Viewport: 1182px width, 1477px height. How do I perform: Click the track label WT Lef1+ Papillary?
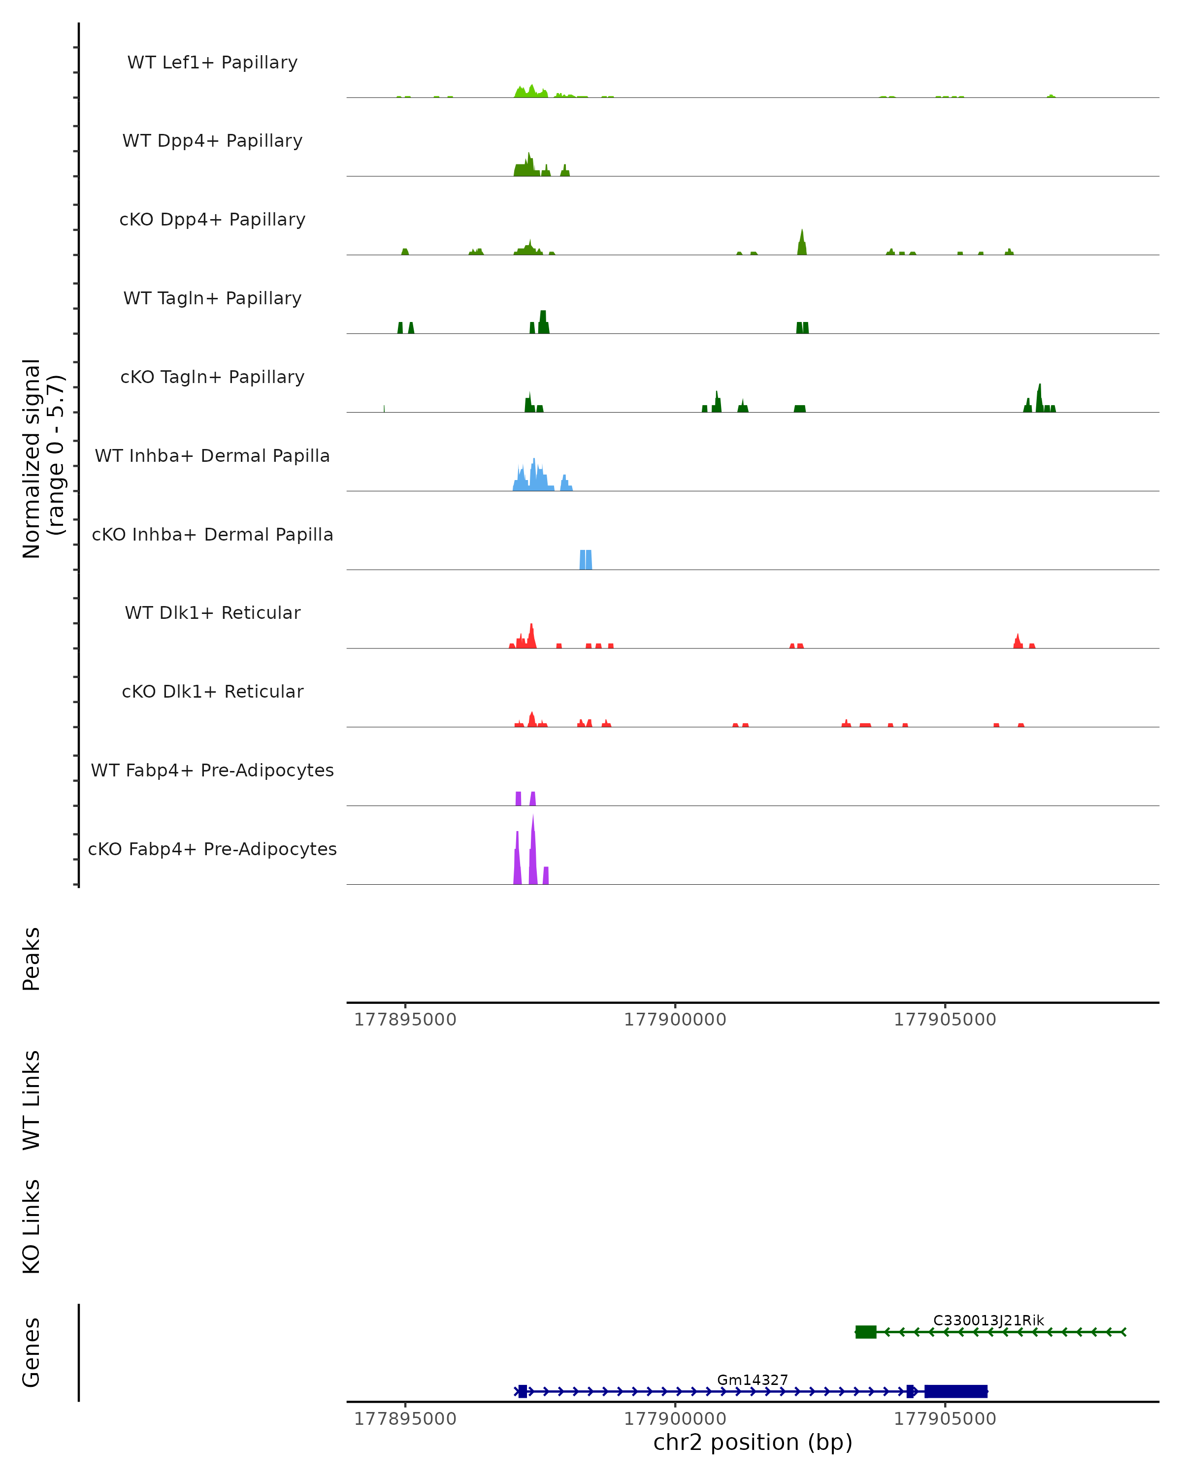(x=212, y=63)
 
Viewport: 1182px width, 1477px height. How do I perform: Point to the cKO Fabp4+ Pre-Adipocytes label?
(x=212, y=849)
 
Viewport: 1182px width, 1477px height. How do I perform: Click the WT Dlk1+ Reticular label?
(x=212, y=612)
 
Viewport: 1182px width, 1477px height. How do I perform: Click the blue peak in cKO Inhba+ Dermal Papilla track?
(x=586, y=560)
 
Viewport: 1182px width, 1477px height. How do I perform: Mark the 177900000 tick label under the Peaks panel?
(x=674, y=1020)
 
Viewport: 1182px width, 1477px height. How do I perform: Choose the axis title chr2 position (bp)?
(x=753, y=1442)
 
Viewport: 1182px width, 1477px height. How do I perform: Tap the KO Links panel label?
(x=32, y=1226)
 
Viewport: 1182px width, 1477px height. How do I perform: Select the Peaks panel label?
(x=32, y=959)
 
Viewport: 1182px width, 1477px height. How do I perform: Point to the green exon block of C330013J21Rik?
(x=866, y=1332)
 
